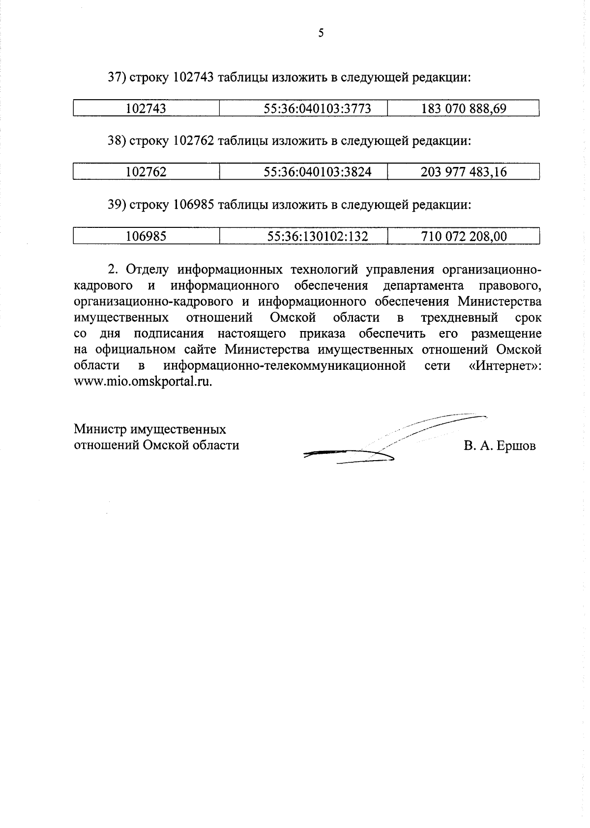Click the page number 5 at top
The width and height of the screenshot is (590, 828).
pos(321,33)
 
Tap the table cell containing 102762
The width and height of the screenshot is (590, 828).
pos(146,172)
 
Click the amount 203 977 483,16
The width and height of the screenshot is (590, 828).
pos(464,172)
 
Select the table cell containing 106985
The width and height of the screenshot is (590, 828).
pos(146,237)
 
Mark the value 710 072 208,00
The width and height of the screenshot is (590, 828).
pos(464,237)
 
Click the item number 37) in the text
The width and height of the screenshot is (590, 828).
pos(117,78)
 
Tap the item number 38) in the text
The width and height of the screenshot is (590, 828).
pos(117,141)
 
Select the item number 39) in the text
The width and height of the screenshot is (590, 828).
pos(117,205)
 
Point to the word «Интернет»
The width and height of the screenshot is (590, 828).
pos(504,366)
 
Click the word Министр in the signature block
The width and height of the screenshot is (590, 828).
pos(100,430)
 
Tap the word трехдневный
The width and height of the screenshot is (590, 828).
pos(459,318)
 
